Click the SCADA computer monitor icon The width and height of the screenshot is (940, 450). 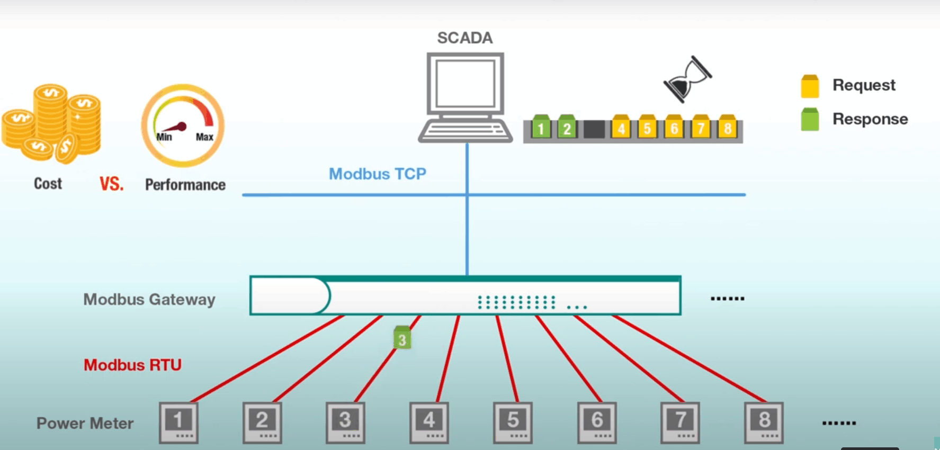pos(465,85)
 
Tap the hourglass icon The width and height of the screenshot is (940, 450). pos(687,79)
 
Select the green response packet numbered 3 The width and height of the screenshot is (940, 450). pos(402,337)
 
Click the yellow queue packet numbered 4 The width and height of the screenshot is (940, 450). pos(621,127)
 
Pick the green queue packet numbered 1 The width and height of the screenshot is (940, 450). pos(541,127)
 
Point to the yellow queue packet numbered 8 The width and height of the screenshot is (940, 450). pos(728,127)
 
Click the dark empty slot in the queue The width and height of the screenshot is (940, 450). pos(594,129)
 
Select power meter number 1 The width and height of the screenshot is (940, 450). pos(178,422)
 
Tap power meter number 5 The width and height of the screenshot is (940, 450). pos(513,422)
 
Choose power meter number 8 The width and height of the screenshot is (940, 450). pos(764,422)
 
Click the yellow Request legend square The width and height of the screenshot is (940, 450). pos(810,86)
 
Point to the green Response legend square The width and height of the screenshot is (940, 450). pos(810,120)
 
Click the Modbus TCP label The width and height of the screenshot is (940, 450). pos(377,174)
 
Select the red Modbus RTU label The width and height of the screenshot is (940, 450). pos(132,365)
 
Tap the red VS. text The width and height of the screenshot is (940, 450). pos(111,184)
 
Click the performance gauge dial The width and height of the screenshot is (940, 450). pos(183,125)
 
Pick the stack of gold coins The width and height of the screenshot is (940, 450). pos(51,123)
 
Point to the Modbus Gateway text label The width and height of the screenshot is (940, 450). pos(149,300)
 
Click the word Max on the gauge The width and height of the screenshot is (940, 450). pos(204,137)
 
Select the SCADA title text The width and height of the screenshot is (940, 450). pos(464,38)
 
